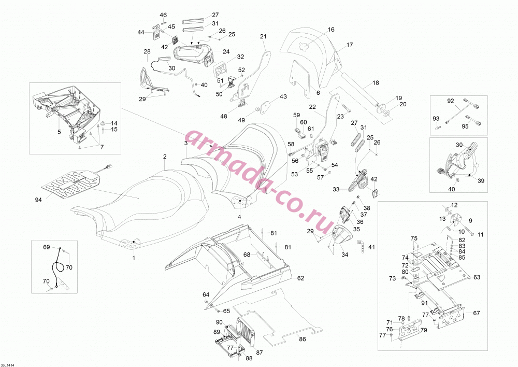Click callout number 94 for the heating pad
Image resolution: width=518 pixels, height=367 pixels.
point(39,200)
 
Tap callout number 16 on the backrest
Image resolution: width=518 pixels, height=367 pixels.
point(331,30)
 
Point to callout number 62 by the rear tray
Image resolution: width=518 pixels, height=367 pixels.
point(300,278)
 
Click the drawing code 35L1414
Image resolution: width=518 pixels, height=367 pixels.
point(8,365)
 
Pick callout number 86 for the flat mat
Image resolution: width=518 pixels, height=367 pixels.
point(303,339)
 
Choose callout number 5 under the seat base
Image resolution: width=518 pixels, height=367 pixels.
point(59,132)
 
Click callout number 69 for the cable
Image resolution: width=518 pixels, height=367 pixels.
point(47,247)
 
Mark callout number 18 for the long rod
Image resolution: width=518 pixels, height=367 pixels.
point(376,82)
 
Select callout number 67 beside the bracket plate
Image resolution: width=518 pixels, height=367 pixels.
point(477,313)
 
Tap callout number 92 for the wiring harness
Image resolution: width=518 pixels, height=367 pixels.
point(451,101)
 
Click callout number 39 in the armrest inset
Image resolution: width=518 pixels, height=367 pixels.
point(481,180)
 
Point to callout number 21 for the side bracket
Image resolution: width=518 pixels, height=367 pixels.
point(263,36)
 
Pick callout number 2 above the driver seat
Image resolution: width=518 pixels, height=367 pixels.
point(165,157)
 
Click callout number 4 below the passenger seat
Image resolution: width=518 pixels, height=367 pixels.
point(239,217)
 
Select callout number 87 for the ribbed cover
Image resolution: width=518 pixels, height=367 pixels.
point(260,352)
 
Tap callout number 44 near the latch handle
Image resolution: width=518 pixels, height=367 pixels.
point(141,32)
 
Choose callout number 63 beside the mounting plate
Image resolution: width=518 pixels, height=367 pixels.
point(477,277)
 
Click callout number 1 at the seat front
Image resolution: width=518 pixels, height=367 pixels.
point(134,258)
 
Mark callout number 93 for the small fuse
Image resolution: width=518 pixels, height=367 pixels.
point(436,118)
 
